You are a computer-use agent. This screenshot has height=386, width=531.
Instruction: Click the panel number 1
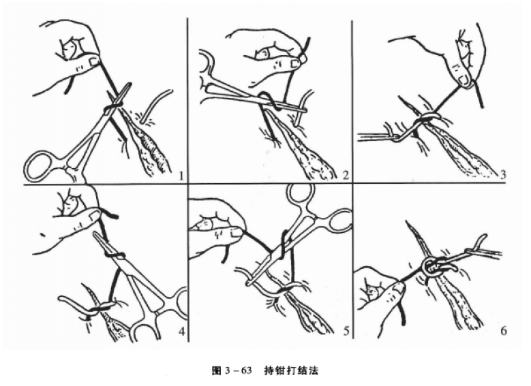tap(181, 176)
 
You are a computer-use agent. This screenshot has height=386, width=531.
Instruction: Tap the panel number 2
tap(346, 176)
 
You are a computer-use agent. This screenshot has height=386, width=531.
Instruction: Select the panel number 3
tap(503, 176)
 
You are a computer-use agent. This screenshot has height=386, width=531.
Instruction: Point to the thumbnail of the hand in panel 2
tap(294, 63)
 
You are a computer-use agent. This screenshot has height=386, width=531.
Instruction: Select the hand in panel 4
tap(68, 218)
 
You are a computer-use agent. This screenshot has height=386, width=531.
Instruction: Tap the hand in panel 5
tap(215, 225)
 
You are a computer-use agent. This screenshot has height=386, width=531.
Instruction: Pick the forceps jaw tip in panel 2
tap(303, 109)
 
